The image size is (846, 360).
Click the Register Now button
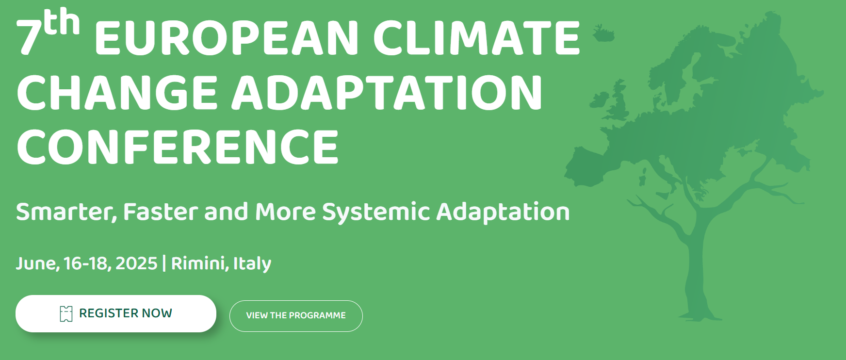(116, 313)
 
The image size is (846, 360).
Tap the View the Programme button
(296, 316)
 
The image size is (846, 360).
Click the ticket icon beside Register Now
(66, 314)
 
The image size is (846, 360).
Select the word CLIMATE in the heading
(476, 38)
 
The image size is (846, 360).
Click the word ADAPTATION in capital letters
(387, 93)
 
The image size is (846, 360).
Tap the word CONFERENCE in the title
(178, 147)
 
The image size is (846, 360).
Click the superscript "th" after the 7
(62, 21)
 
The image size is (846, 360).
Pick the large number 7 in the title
(29, 38)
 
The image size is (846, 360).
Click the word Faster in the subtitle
(161, 212)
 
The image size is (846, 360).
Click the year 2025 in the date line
(136, 263)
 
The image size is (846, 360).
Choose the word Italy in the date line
(252, 263)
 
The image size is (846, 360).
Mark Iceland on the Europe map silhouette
(603, 34)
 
